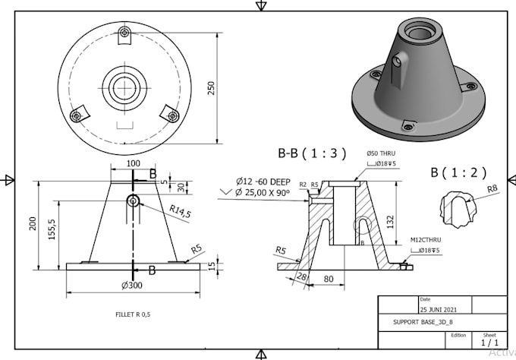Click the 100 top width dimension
coord(133,163)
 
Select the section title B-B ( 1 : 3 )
coord(311,153)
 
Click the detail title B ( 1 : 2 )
coord(459,172)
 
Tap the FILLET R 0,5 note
coord(133,314)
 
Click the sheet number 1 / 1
coord(489,343)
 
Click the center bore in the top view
coord(122,87)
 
